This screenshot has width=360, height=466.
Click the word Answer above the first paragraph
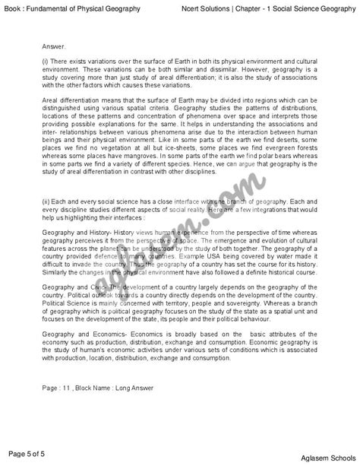coord(55,45)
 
